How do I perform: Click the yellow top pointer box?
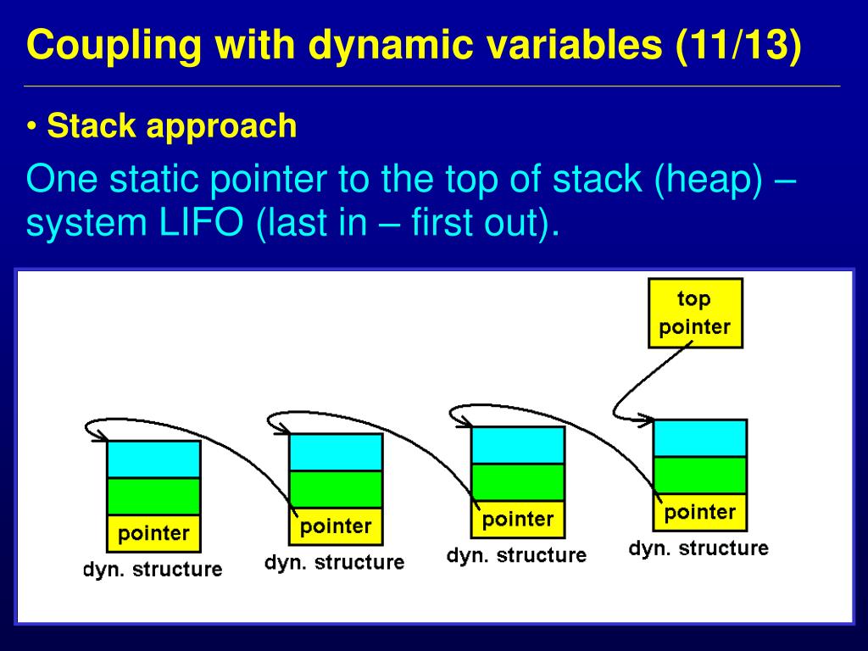pos(695,314)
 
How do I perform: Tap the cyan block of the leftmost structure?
pos(154,459)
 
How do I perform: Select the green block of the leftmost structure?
pos(154,496)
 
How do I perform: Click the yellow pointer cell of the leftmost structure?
pos(154,533)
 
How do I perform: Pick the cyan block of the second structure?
pos(336,453)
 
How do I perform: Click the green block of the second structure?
pos(336,489)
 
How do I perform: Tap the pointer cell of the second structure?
pos(336,526)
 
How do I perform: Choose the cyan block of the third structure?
pos(518,445)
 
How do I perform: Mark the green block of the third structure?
pos(518,482)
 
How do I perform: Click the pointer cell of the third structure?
pos(518,520)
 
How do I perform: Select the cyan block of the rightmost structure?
pos(700,438)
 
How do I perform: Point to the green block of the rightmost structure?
pos(700,476)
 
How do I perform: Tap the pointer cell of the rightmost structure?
pos(700,513)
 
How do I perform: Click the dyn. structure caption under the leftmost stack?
pos(153,570)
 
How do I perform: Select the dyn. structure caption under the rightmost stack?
pos(698,548)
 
